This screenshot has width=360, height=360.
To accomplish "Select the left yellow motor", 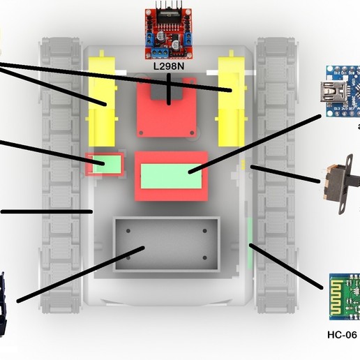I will [102, 100].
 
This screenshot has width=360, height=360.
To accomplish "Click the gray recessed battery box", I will [165, 245].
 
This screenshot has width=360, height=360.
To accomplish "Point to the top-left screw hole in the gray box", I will [128, 231].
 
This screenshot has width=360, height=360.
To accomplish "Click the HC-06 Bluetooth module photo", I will [343, 297].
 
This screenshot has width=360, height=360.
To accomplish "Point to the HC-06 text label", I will [341, 335].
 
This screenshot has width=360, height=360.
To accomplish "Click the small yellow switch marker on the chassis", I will [243, 165].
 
